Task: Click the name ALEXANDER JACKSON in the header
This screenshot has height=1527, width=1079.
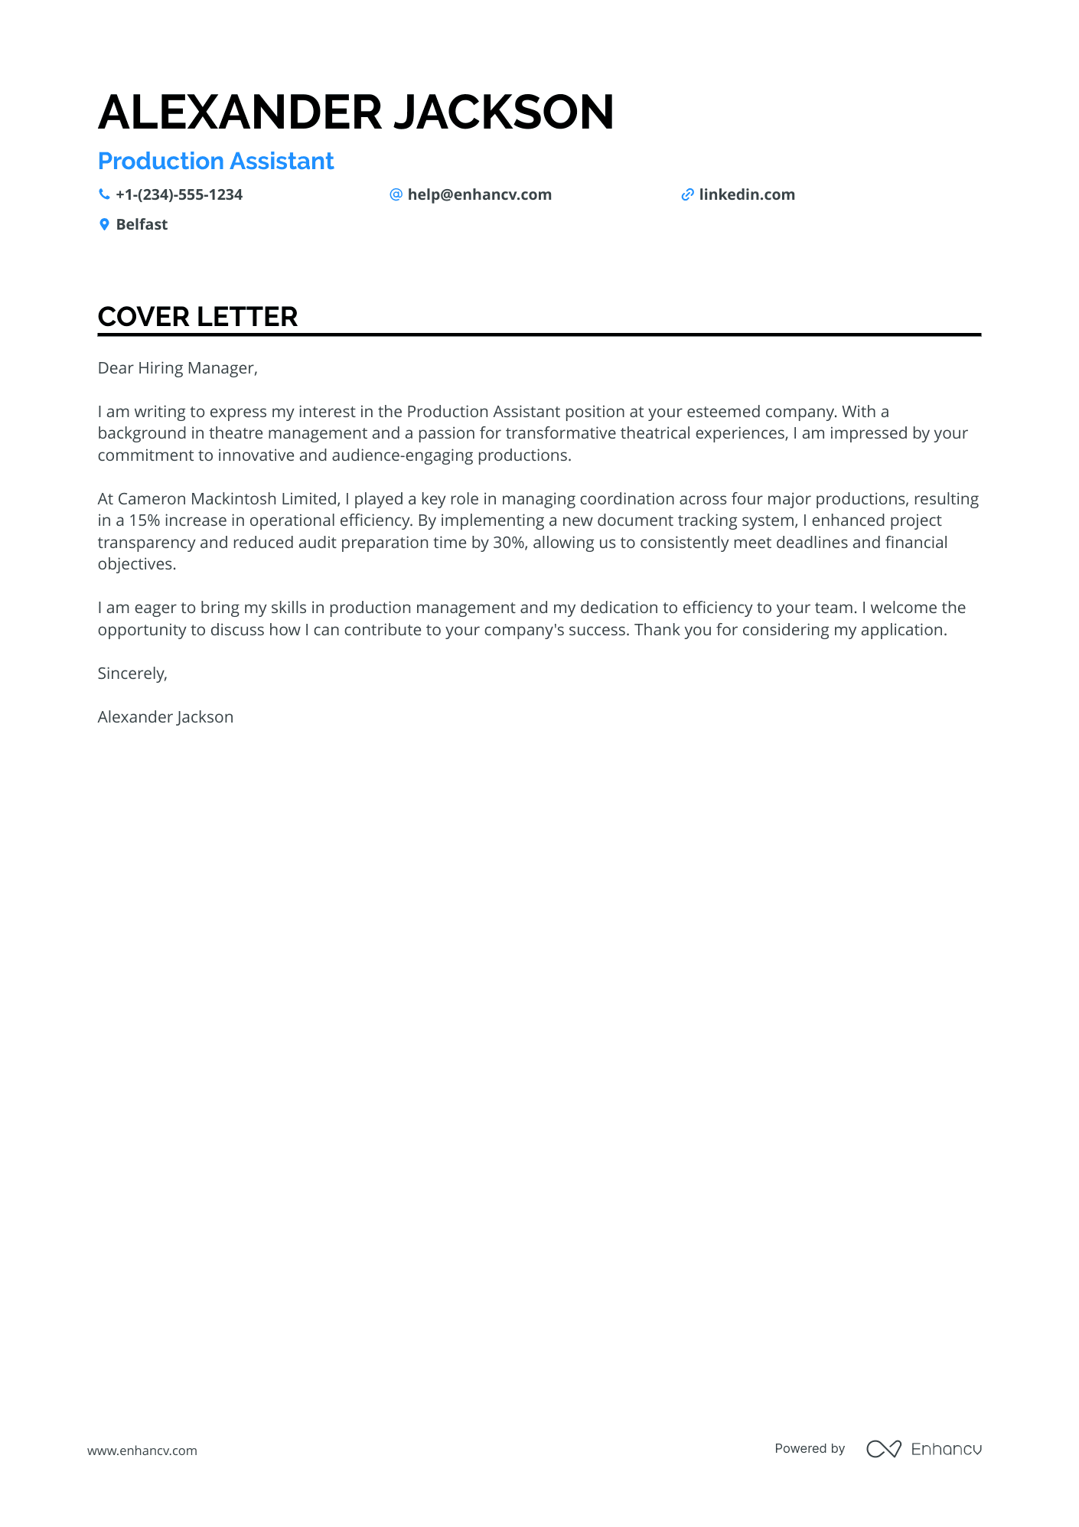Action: pos(356,113)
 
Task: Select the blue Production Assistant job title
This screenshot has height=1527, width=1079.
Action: pos(216,162)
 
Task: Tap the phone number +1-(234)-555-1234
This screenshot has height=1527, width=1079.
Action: pos(179,195)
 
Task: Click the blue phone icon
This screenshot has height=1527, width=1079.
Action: pos(104,194)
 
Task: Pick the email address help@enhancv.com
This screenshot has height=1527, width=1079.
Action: pos(479,195)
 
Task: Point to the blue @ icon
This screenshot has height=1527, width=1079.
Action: pos(396,194)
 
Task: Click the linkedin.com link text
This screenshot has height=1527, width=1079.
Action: pos(747,195)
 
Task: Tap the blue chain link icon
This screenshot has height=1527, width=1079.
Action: pos(687,195)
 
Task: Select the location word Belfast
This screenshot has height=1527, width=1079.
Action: pos(142,225)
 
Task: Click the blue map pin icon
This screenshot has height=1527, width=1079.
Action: pos(104,224)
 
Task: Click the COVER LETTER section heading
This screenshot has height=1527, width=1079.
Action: pos(197,317)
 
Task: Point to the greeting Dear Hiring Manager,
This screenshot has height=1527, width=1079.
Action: pos(178,368)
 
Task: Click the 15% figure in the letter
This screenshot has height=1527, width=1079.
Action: pos(144,520)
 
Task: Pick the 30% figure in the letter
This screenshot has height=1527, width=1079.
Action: pos(509,543)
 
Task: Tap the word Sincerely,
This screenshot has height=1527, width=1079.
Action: pos(132,674)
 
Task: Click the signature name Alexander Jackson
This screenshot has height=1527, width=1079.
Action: pos(165,717)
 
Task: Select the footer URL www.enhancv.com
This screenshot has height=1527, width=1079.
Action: pos(142,1450)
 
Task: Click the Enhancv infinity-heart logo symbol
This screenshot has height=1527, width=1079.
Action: pos(883,1449)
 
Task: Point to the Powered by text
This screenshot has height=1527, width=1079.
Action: pos(810,1448)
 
